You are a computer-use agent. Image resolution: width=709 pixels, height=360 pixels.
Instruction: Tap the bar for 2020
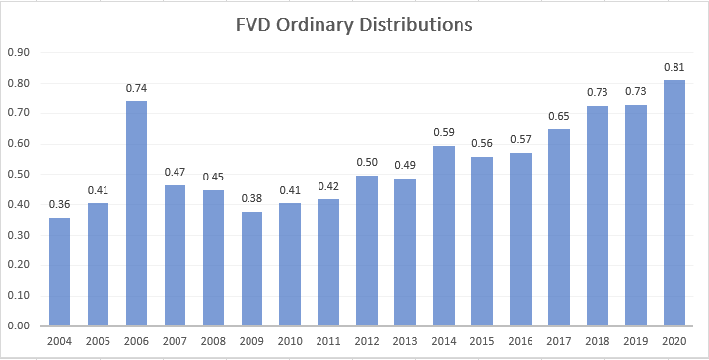pyautogui.click(x=674, y=202)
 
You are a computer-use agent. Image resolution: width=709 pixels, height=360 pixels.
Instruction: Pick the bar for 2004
pyautogui.click(x=60, y=271)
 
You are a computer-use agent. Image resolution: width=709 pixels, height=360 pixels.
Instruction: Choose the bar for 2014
pyautogui.click(x=444, y=236)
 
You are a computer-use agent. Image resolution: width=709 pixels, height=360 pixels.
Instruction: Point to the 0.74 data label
pyautogui.click(x=137, y=88)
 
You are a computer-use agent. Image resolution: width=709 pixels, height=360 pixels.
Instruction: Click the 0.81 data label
pyautogui.click(x=674, y=67)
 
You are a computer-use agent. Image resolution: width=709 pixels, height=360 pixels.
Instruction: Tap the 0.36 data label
pyautogui.click(x=60, y=204)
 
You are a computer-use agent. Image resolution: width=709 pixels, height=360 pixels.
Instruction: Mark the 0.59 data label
pyautogui.click(x=444, y=133)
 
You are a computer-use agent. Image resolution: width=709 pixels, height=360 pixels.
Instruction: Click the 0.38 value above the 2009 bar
pyautogui.click(x=252, y=198)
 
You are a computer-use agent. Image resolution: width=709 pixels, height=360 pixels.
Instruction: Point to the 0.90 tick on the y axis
pyautogui.click(x=19, y=52)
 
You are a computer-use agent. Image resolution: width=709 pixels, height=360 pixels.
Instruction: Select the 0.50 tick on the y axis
pyautogui.click(x=19, y=174)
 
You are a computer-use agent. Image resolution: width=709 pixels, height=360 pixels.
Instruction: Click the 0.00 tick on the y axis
pyautogui.click(x=19, y=325)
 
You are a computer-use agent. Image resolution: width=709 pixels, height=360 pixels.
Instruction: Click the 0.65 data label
pyautogui.click(x=559, y=115)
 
